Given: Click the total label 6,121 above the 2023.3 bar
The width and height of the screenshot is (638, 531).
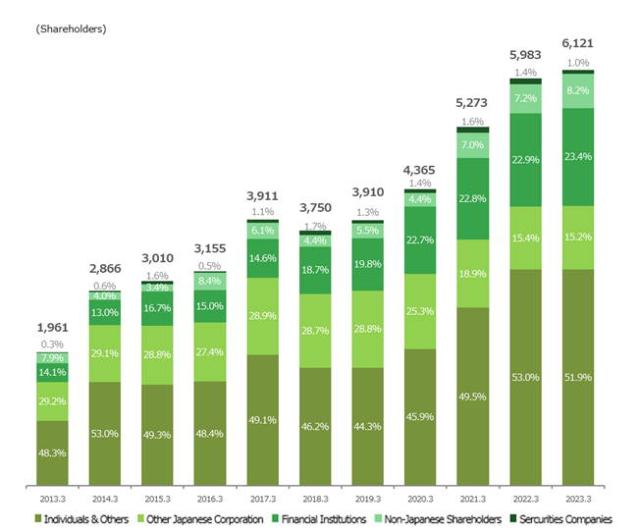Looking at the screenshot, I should point(578,44).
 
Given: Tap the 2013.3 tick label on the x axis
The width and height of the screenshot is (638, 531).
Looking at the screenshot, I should point(52,499).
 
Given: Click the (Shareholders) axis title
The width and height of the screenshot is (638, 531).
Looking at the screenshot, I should point(71,28).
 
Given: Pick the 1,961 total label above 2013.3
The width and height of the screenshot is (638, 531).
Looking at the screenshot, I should point(52,329).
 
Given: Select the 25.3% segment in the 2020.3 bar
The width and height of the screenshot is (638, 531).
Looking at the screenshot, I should point(420,311).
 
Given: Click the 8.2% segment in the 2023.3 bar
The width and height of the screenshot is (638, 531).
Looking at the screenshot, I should point(578,90).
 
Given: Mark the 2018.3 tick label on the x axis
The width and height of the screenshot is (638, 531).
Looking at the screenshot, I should point(315,499).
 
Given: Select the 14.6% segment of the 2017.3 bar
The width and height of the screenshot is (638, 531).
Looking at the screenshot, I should point(262,257).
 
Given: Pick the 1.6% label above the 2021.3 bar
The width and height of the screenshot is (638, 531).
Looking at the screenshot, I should point(473,121).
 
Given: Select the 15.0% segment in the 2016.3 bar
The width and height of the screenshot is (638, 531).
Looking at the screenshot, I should point(209,305).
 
